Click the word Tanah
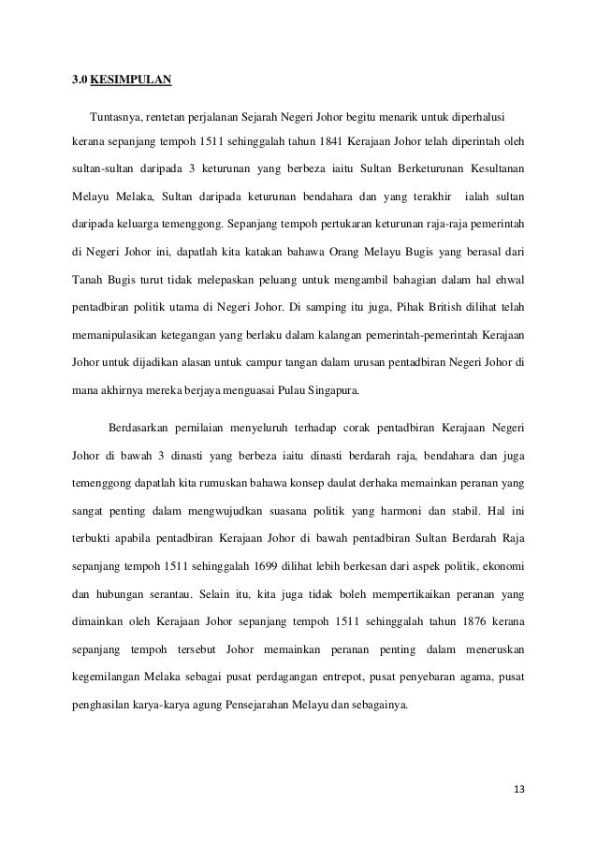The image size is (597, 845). (x=87, y=279)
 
